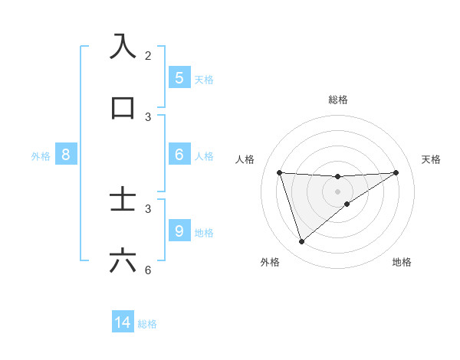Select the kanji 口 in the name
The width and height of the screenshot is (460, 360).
123,108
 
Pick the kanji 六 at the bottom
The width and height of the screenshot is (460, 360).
123,261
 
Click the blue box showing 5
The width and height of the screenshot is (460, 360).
179,77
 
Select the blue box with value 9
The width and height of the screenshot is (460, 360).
179,231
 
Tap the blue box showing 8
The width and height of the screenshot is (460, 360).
66,155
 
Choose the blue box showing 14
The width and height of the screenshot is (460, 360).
123,322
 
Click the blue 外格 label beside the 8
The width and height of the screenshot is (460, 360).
41,156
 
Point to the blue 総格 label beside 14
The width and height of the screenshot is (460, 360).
147,324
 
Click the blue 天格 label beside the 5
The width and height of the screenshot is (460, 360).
204,79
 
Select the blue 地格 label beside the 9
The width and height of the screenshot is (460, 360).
204,232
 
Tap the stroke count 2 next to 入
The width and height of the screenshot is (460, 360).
148,56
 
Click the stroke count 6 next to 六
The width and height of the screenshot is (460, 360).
148,270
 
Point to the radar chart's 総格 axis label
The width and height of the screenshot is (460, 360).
338,100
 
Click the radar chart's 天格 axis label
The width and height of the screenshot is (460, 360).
431,159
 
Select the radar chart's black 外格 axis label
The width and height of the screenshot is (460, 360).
270,262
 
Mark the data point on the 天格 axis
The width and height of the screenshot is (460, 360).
396,172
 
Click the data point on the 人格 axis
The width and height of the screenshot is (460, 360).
280,172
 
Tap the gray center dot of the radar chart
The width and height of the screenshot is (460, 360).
338,191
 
